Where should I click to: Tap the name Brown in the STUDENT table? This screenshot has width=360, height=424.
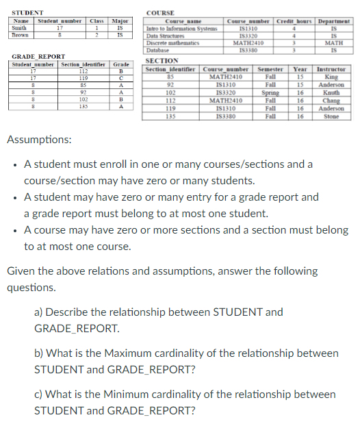21,33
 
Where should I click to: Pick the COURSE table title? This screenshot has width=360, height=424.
161,12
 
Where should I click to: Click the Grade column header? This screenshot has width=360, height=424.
121,64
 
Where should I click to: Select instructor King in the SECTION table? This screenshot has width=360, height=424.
331,77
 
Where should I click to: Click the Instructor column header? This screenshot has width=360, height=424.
332,69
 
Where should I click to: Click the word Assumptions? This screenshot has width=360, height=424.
38,140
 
